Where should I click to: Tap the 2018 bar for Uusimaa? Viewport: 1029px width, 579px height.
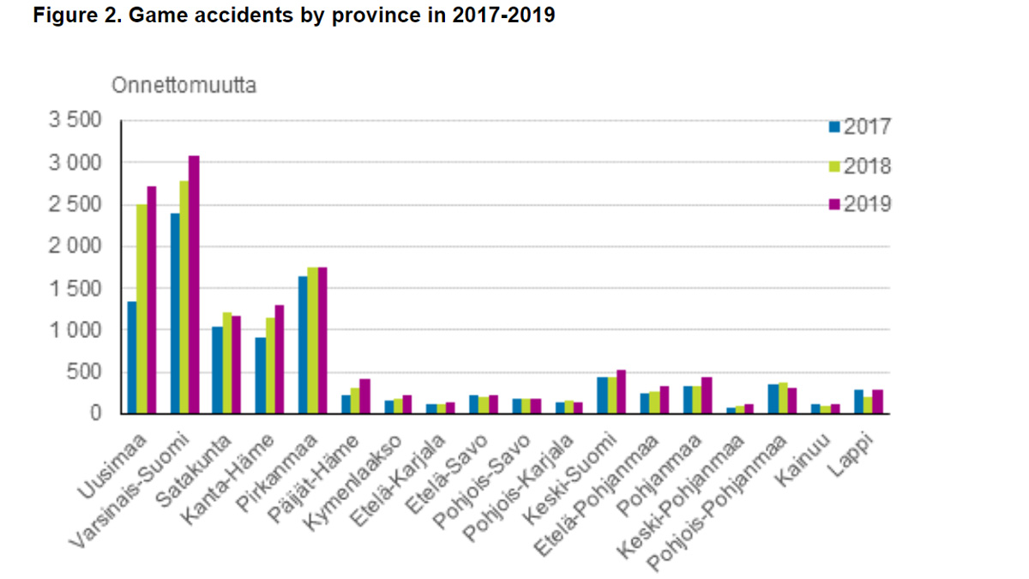coord(141,309)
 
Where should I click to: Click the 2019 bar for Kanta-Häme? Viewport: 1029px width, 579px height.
coord(279,359)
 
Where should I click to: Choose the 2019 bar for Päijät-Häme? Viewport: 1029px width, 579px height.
coord(364,396)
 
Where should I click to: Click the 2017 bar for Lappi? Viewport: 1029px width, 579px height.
coord(858,402)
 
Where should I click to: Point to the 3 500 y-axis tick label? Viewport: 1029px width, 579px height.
coord(76,120)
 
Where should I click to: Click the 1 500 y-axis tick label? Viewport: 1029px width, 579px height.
coord(76,288)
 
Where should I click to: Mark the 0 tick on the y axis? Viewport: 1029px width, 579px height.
coord(96,413)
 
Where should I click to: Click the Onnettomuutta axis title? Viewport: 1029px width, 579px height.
coord(184,86)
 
